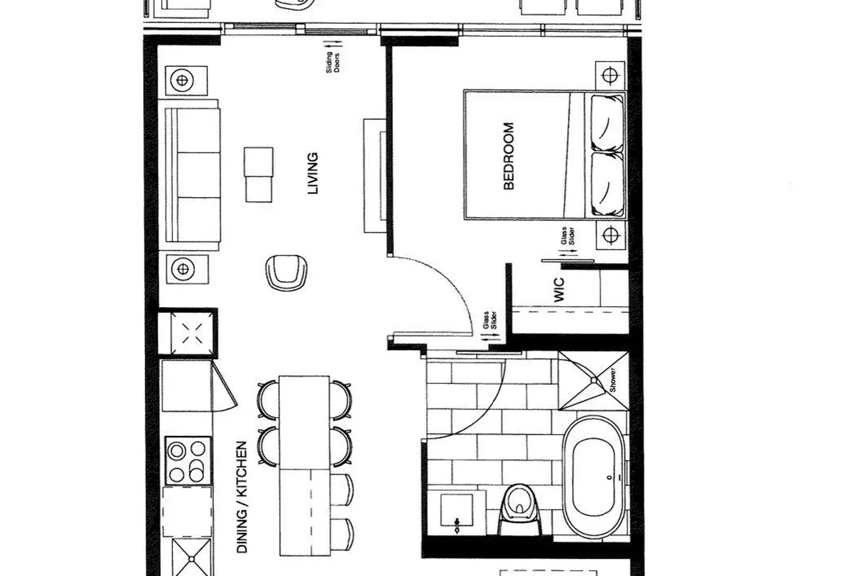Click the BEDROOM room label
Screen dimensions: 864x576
click(509, 156)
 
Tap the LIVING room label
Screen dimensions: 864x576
click(313, 173)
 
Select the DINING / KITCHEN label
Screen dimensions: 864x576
click(241, 497)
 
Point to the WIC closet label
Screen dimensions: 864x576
click(559, 290)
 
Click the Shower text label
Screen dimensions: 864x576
click(613, 380)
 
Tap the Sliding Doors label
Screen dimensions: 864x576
click(333, 63)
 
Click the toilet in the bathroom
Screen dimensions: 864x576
click(519, 510)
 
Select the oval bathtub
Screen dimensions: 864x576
click(594, 477)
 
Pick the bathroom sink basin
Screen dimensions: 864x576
click(457, 510)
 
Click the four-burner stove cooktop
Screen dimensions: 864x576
click(188, 461)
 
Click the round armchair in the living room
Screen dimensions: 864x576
click(286, 272)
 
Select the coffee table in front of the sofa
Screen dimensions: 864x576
click(259, 175)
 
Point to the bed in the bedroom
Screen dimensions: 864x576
click(545, 155)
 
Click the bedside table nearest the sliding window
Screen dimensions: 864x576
click(610, 75)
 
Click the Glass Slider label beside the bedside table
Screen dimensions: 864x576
click(568, 236)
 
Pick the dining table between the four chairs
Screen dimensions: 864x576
click(304, 422)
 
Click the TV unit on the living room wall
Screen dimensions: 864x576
click(375, 176)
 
